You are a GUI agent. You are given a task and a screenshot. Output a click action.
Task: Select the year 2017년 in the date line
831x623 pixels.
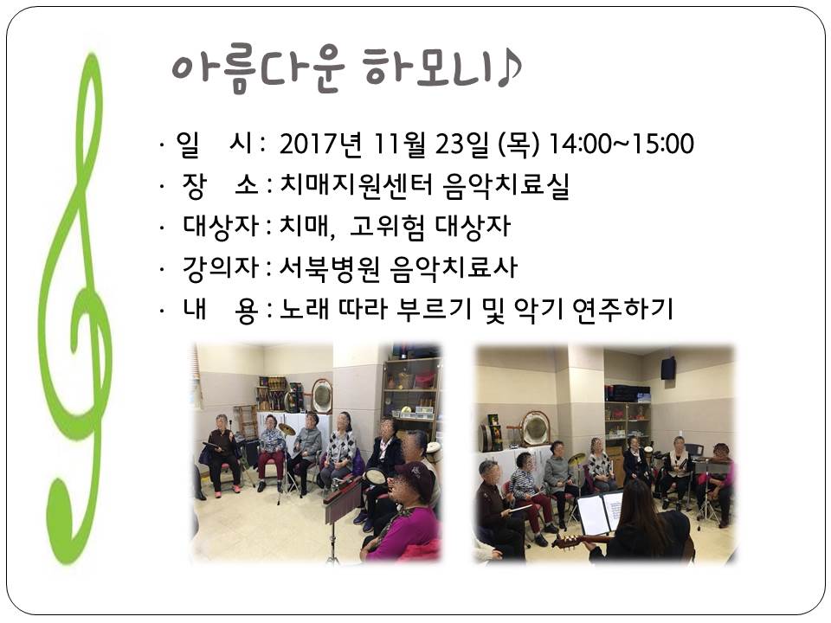(320, 144)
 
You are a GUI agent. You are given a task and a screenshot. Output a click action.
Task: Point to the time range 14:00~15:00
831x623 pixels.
(622, 144)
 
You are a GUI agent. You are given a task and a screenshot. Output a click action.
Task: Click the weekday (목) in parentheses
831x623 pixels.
(519, 145)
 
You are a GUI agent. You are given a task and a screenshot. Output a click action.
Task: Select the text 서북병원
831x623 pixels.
(330, 268)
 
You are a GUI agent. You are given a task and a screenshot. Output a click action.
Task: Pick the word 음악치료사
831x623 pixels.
(454, 268)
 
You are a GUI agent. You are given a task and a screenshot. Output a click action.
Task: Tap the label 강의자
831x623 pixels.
(221, 268)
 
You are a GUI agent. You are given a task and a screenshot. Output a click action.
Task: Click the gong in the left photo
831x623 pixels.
(322, 395)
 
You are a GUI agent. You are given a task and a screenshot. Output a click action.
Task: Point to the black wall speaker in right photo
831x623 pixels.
(667, 369)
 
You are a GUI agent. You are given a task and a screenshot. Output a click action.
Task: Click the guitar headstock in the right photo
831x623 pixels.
(563, 541)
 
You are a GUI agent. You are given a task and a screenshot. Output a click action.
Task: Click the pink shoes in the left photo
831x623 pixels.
(226, 491)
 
